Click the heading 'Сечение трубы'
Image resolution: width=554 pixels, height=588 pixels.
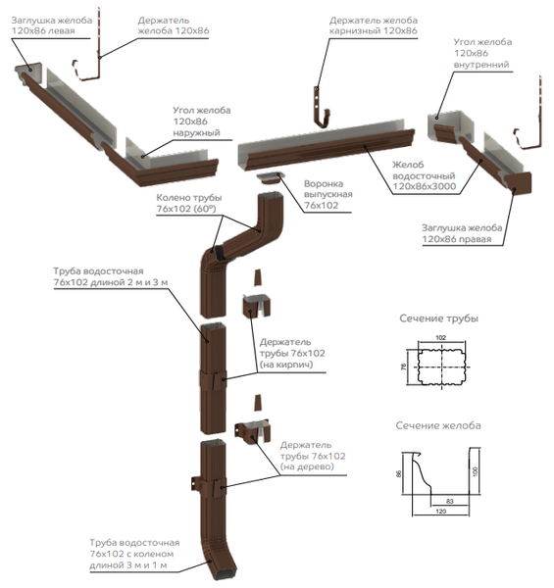coord(438,318)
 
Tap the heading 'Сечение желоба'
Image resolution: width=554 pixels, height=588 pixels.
coord(438,425)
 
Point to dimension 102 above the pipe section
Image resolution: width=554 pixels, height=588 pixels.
coord(440,337)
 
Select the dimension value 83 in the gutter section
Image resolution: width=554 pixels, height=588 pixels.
coord(450,501)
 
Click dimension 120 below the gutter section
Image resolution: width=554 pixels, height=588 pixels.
coord(441,512)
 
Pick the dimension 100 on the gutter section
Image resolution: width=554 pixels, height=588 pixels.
coord(476,471)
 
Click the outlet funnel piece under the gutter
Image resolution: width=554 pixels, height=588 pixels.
coord(270,178)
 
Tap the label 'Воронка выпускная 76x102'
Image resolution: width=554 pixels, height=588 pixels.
coord(328,195)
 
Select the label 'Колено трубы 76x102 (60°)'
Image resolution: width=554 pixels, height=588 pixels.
coord(189,203)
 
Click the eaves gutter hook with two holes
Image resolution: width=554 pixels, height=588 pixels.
coord(322,107)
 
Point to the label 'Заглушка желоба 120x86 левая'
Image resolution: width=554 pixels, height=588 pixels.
coord(51,25)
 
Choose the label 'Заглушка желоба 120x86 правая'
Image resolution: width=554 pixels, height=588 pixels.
coord(462,233)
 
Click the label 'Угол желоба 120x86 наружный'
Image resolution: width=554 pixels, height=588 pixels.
coord(201,122)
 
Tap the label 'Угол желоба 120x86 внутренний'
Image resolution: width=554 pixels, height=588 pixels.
coord(482,53)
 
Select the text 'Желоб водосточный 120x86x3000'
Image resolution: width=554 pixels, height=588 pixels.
coord(424,175)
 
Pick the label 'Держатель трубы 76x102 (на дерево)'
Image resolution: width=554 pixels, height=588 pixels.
coord(313,456)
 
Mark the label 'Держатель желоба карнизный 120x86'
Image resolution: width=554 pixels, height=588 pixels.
coord(374,25)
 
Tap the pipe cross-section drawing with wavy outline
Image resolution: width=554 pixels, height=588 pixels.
coord(441,367)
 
